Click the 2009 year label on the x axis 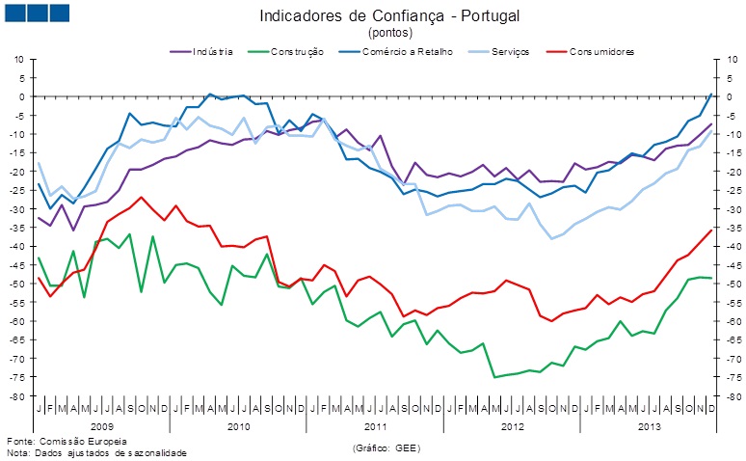tap(101, 425)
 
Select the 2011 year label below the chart tap(375, 425)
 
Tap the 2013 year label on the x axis tap(649, 425)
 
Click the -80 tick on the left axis tap(15, 396)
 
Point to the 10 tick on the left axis tap(17, 59)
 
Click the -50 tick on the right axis tap(733, 285)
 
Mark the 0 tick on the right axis tap(730, 96)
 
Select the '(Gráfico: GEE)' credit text tap(386, 448)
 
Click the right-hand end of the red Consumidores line tap(711, 230)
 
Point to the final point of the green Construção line tap(711, 279)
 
